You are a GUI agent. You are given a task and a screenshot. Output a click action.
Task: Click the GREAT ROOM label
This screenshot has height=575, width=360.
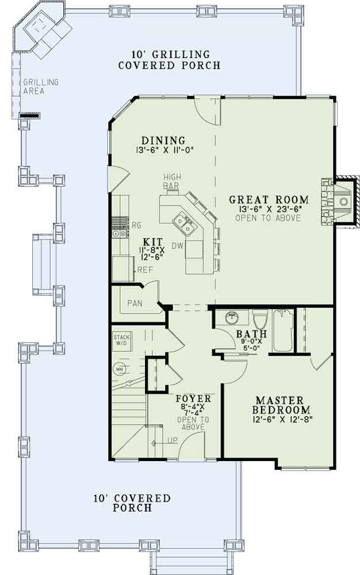pos(269,200)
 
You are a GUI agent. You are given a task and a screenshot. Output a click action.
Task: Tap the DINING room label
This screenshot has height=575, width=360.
pos(164,140)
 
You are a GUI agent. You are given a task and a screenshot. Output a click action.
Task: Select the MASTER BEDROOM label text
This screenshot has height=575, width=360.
pos(280,405)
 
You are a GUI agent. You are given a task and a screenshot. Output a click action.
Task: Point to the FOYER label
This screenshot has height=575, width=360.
pos(193,399)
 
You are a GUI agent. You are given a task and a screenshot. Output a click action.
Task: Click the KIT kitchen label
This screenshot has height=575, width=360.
pos(152,242)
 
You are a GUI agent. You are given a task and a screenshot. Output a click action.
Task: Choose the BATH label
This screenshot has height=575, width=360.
pos(251,334)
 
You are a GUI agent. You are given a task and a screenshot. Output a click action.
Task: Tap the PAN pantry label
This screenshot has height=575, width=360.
pos(135,303)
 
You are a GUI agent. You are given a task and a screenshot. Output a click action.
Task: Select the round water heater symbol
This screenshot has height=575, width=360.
pos(120,369)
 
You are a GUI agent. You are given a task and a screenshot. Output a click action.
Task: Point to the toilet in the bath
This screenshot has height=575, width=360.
pos(261,319)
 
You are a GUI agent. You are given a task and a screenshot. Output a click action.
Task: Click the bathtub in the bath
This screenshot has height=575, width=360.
pos(282,331)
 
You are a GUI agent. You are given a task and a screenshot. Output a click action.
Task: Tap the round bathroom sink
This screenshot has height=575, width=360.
pos(232,318)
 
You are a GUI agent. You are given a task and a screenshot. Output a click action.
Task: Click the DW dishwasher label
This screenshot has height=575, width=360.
pos(177,245)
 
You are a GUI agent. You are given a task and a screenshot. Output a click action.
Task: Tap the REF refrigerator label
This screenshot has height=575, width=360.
pos(145,269)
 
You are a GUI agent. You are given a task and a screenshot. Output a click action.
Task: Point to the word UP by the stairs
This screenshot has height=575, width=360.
pos(173,440)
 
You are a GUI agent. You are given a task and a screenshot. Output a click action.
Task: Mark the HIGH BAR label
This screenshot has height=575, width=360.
pos(172,181)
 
